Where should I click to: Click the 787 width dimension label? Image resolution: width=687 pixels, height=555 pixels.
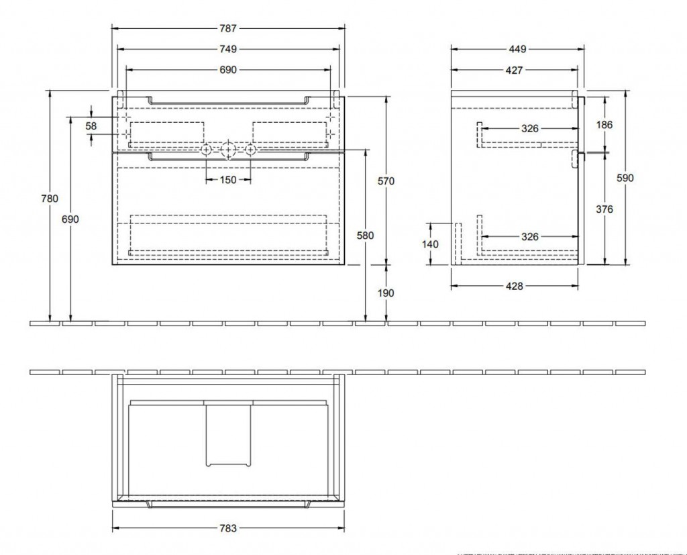point(228,28)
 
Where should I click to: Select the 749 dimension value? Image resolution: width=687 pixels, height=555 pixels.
point(228,49)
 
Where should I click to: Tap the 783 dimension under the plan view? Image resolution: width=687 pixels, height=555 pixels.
point(228,528)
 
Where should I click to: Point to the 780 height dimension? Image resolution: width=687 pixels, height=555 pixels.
point(50,199)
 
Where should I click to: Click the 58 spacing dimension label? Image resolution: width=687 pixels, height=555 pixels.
point(91,126)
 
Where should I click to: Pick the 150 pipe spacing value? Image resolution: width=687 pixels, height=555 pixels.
point(228,180)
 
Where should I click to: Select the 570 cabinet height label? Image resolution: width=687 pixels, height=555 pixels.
point(386,181)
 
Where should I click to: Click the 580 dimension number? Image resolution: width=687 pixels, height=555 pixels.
point(365,236)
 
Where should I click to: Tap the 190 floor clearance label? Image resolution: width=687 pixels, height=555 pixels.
point(386,293)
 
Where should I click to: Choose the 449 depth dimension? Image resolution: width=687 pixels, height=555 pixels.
point(517,49)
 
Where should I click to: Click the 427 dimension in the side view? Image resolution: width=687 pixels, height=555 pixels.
point(514,70)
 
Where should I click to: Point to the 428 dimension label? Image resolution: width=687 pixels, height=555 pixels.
point(515,287)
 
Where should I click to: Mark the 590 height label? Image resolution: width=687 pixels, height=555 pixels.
point(625,178)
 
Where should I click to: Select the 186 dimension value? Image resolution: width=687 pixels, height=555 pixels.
point(604,125)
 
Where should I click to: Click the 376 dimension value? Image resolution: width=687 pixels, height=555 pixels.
point(604,209)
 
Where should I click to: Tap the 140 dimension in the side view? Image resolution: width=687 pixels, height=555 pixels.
point(430,244)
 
